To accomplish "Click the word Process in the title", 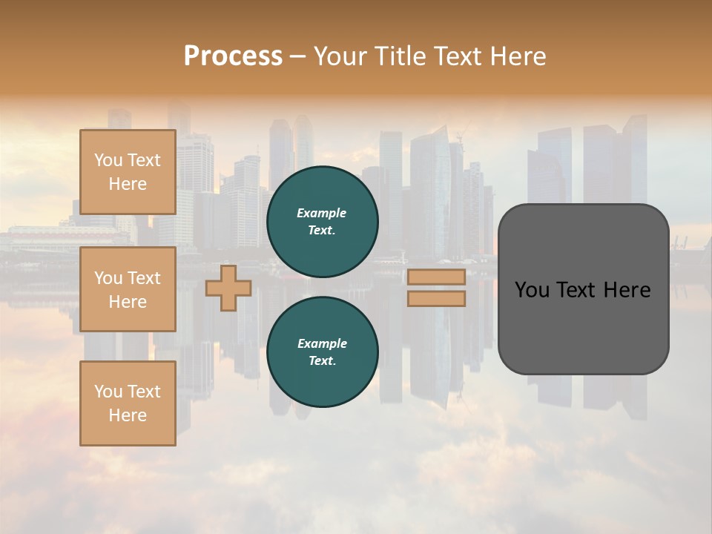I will coord(233,56).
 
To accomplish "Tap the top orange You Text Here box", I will coord(128,172).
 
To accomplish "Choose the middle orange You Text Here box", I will coord(128,289).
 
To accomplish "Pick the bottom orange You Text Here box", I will coord(128,403).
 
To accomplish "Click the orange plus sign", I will coord(228,288).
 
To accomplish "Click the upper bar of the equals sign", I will coord(436,277).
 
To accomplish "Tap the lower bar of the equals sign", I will coord(436,298).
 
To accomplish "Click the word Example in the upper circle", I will coord(322,213).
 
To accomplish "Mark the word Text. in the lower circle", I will coord(322,360).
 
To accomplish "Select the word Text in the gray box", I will coord(573,290).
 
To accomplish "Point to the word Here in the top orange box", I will coord(128,184).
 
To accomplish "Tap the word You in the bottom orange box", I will coord(108,392).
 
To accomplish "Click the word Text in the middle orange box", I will coord(143,278).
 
